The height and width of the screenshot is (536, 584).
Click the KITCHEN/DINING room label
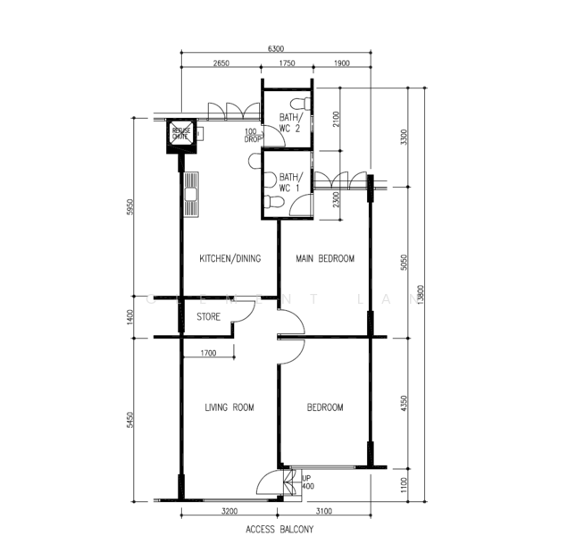(x=229, y=259)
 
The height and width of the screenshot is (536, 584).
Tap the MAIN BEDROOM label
(x=325, y=259)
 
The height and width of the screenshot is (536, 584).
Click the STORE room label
(x=208, y=317)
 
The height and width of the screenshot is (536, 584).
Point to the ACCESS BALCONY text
(x=279, y=529)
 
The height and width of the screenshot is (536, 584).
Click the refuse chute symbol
(x=180, y=135)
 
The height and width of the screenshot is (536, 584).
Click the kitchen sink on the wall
(x=191, y=197)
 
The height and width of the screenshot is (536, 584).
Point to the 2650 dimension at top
(x=221, y=64)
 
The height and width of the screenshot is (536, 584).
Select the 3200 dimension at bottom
(x=229, y=512)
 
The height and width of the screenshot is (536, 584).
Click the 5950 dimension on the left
(x=130, y=207)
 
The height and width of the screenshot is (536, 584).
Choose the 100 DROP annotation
(x=253, y=137)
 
